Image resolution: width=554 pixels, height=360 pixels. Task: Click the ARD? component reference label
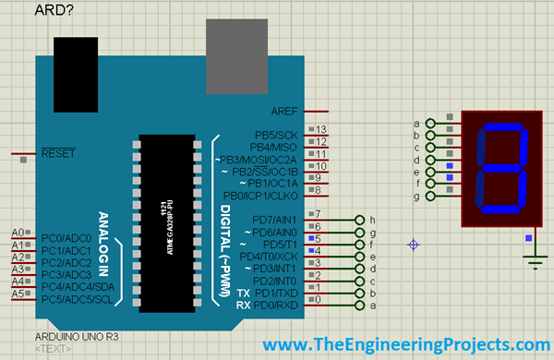click(x=54, y=11)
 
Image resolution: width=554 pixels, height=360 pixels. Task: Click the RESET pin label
click(x=58, y=153)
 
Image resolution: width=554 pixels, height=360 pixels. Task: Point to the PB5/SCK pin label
click(x=275, y=135)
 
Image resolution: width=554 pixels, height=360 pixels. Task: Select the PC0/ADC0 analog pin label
click(x=66, y=239)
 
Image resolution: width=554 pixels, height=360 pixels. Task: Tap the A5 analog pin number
click(x=17, y=294)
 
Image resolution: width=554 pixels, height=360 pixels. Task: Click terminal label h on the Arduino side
click(x=372, y=220)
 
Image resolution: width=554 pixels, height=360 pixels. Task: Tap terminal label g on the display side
click(x=417, y=197)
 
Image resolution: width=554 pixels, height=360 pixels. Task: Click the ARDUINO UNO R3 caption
click(x=75, y=339)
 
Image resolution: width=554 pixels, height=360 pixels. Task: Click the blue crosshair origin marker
click(x=414, y=245)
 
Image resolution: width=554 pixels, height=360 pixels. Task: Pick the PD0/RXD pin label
click(x=274, y=305)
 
